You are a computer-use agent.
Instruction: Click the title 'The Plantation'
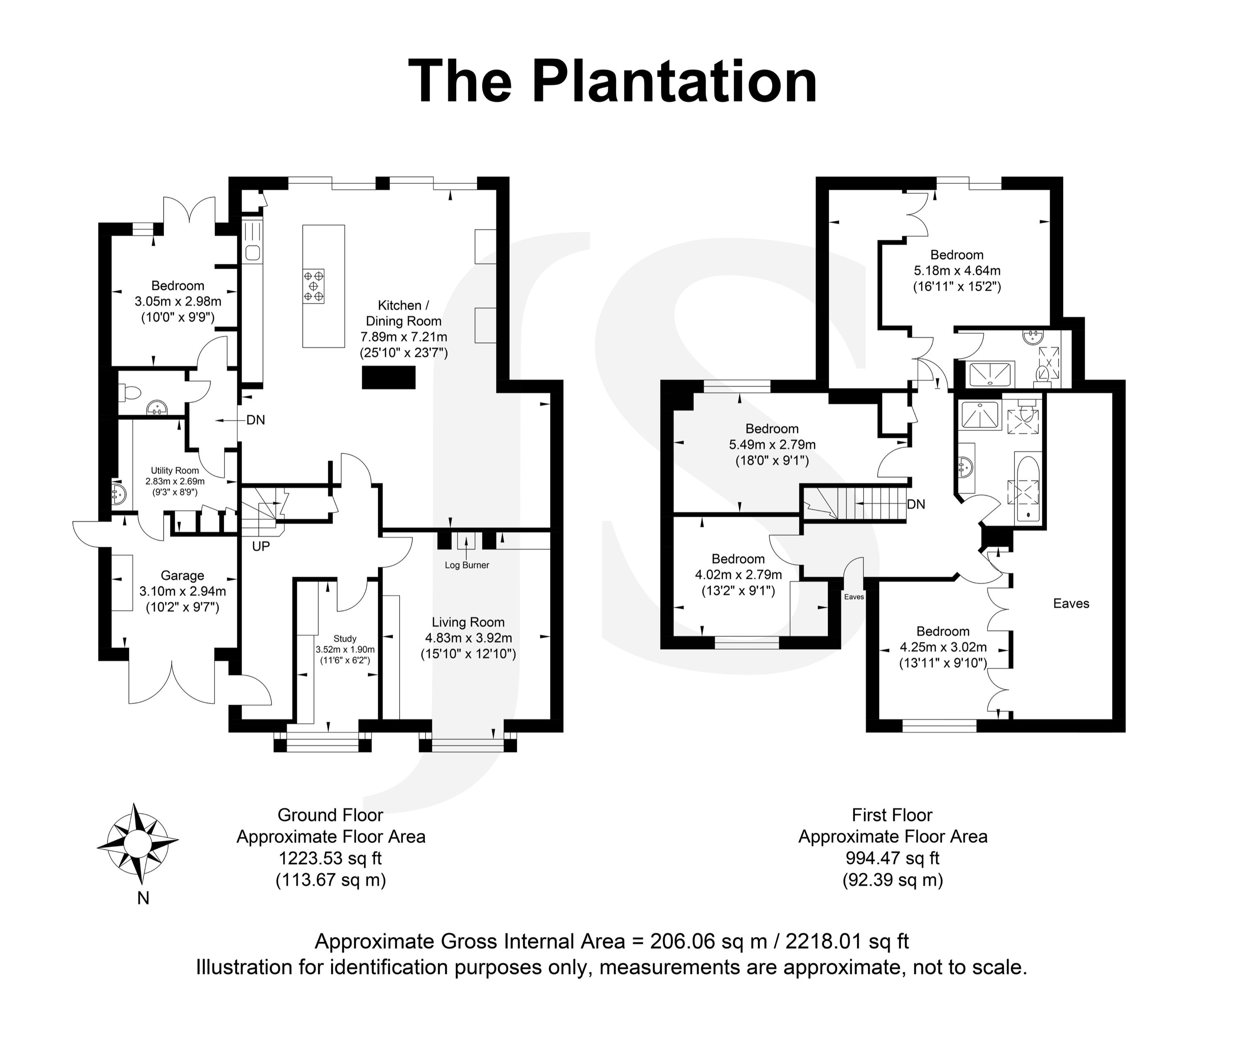pos(613,82)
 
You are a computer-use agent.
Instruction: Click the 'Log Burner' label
pos(467,565)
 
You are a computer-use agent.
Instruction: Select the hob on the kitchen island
pos(313,286)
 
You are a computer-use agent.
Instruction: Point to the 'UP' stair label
pos(260,546)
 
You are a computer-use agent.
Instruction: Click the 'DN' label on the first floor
pos(916,505)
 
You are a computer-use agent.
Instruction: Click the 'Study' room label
pos(344,638)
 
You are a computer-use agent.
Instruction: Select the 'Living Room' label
pos(468,622)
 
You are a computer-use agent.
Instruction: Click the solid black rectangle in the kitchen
pos(388,377)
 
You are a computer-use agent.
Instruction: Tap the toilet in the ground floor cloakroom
pos(129,392)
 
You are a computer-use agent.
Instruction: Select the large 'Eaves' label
pos(1071,604)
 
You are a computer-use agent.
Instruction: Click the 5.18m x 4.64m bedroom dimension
pos(957,271)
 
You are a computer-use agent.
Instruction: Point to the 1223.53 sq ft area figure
pos(330,858)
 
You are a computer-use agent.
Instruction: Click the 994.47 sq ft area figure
pos(892,858)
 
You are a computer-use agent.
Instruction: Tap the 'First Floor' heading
pos(892,815)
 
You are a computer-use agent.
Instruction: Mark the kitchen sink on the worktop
pos(253,252)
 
